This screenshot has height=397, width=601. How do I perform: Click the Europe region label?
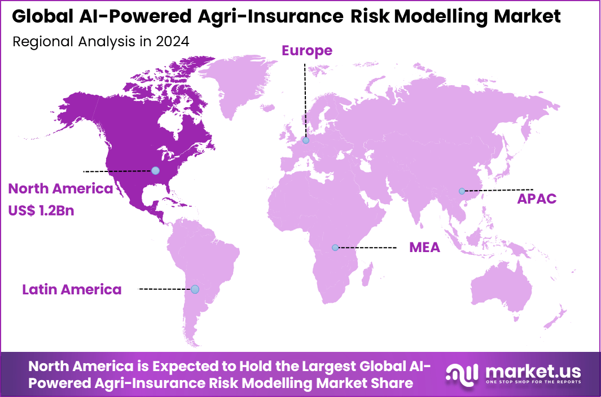[307, 51]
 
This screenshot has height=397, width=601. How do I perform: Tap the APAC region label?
[537, 198]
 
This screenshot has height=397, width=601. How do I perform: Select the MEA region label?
[424, 248]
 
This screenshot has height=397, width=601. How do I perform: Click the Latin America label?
[72, 290]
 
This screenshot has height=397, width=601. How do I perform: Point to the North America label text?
[60, 189]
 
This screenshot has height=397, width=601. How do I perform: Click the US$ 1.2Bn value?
[41, 211]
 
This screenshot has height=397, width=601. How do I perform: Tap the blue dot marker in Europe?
[305, 140]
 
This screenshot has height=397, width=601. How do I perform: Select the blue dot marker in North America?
[155, 170]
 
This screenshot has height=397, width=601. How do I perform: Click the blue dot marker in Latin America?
[195, 289]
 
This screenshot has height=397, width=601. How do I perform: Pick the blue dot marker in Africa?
[335, 248]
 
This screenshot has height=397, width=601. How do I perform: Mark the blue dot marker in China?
[462, 191]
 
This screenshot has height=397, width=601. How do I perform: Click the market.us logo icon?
[462, 375]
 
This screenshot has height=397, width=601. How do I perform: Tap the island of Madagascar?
[367, 279]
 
